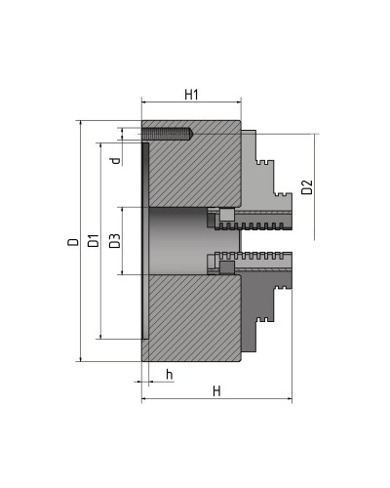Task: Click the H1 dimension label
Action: (x=191, y=94)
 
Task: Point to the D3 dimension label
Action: (x=114, y=241)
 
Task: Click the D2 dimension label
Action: (x=306, y=186)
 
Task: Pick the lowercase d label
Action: (x=114, y=160)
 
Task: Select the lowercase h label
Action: (x=169, y=375)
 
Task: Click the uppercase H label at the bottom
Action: (x=215, y=390)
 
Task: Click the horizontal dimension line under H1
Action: (x=191, y=104)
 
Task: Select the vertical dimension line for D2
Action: (x=316, y=186)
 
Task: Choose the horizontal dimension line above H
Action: (x=215, y=400)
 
